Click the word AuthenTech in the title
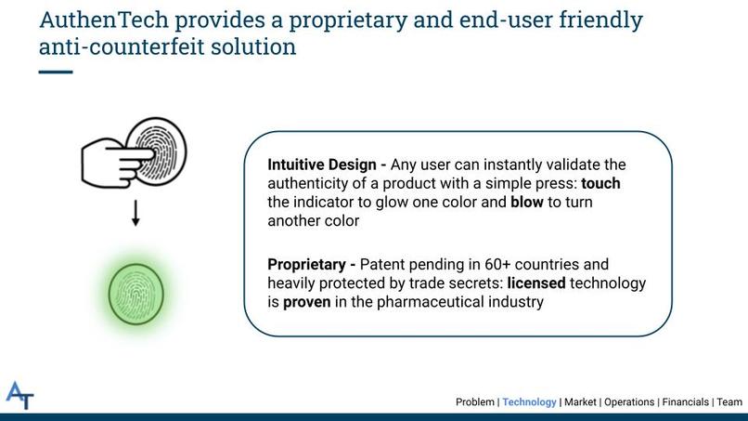click(104, 20)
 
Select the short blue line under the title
click(56, 72)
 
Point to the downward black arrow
click(135, 213)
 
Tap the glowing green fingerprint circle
click(135, 295)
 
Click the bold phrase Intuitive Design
click(322, 164)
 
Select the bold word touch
click(600, 183)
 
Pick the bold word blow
click(526, 203)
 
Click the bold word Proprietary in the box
click(307, 265)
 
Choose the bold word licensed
click(536, 283)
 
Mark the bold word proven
click(307, 302)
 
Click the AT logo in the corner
click(19, 395)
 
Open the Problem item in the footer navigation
click(474, 401)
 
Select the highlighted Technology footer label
click(529, 402)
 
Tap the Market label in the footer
click(580, 401)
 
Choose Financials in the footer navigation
click(685, 401)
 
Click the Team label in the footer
click(729, 401)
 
